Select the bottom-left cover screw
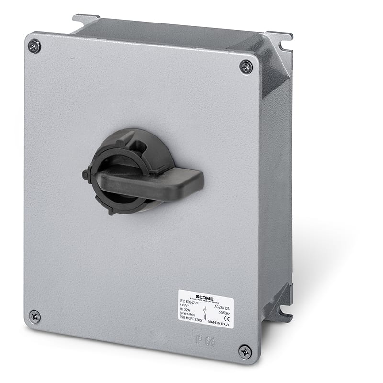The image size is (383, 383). [x=34, y=315]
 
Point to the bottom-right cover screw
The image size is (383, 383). [x=245, y=352]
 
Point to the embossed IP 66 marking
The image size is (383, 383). [x=202, y=342]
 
